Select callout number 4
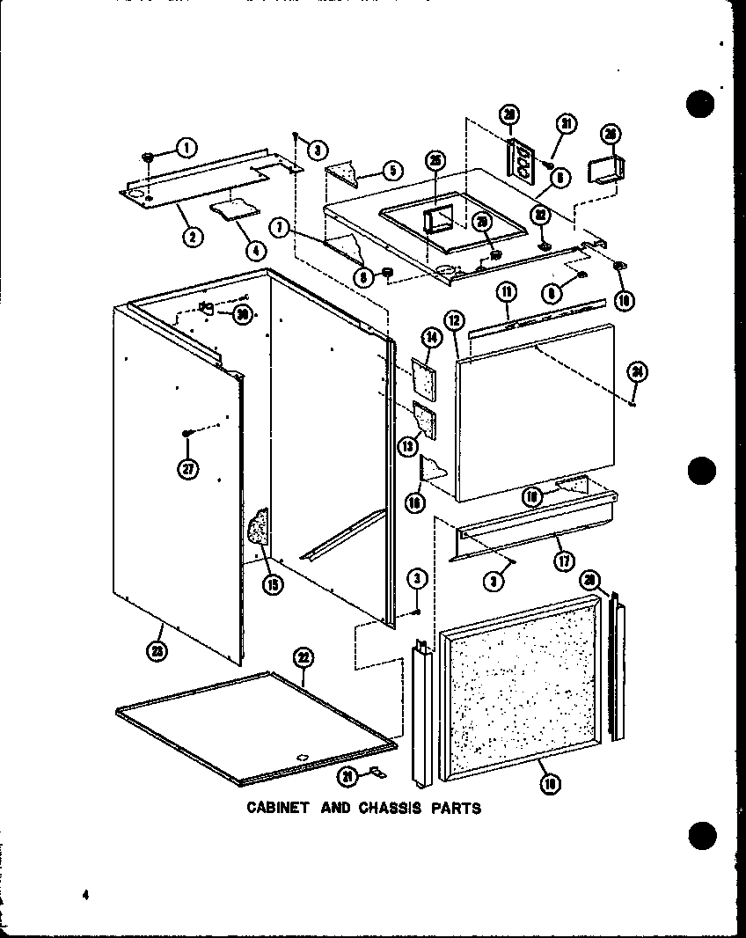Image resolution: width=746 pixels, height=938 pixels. pyautogui.click(x=255, y=249)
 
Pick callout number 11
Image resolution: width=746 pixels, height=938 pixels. pyautogui.click(x=507, y=290)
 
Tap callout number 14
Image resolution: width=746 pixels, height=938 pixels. pyautogui.click(x=431, y=336)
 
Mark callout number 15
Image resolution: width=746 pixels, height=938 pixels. pyautogui.click(x=275, y=583)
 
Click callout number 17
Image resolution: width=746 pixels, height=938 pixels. pyautogui.click(x=559, y=560)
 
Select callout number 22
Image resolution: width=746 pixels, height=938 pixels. pyautogui.click(x=303, y=656)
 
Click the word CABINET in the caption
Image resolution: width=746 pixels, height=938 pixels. pyautogui.click(x=275, y=807)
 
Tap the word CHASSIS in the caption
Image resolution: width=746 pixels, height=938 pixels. pyautogui.click(x=390, y=807)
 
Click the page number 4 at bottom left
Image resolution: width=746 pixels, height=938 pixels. pyautogui.click(x=86, y=896)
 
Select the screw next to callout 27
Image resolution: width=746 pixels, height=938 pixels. pyautogui.click(x=186, y=433)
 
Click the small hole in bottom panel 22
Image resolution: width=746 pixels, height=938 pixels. pyautogui.click(x=300, y=754)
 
